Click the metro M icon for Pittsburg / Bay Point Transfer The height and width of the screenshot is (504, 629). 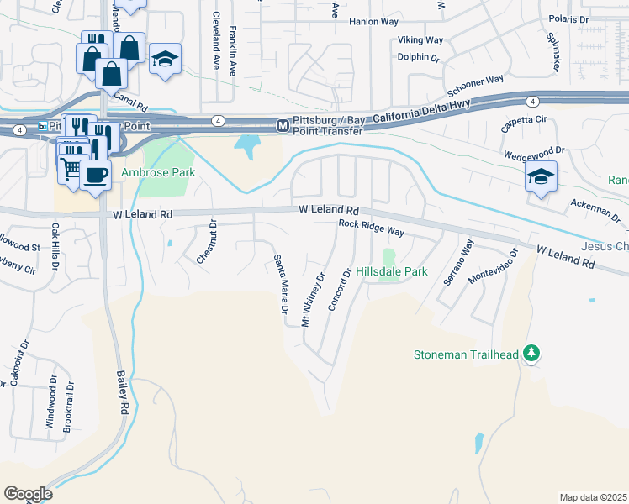coord(283,126)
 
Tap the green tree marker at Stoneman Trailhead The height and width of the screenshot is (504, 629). coord(531,353)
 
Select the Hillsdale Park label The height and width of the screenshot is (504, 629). coord(392,271)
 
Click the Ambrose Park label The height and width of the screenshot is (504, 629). coord(157,172)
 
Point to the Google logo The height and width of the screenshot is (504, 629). coord(27,494)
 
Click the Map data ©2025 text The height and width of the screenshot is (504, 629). coord(593,497)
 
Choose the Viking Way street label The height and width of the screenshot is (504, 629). coord(420,39)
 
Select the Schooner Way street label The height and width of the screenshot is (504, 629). coord(475,85)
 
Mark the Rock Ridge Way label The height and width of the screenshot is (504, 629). coord(371,227)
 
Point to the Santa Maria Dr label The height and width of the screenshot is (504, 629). coord(280,286)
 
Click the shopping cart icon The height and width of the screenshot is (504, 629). coord(72,169)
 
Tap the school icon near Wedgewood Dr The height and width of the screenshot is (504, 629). coord(541,177)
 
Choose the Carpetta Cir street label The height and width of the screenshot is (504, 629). coord(523,121)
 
